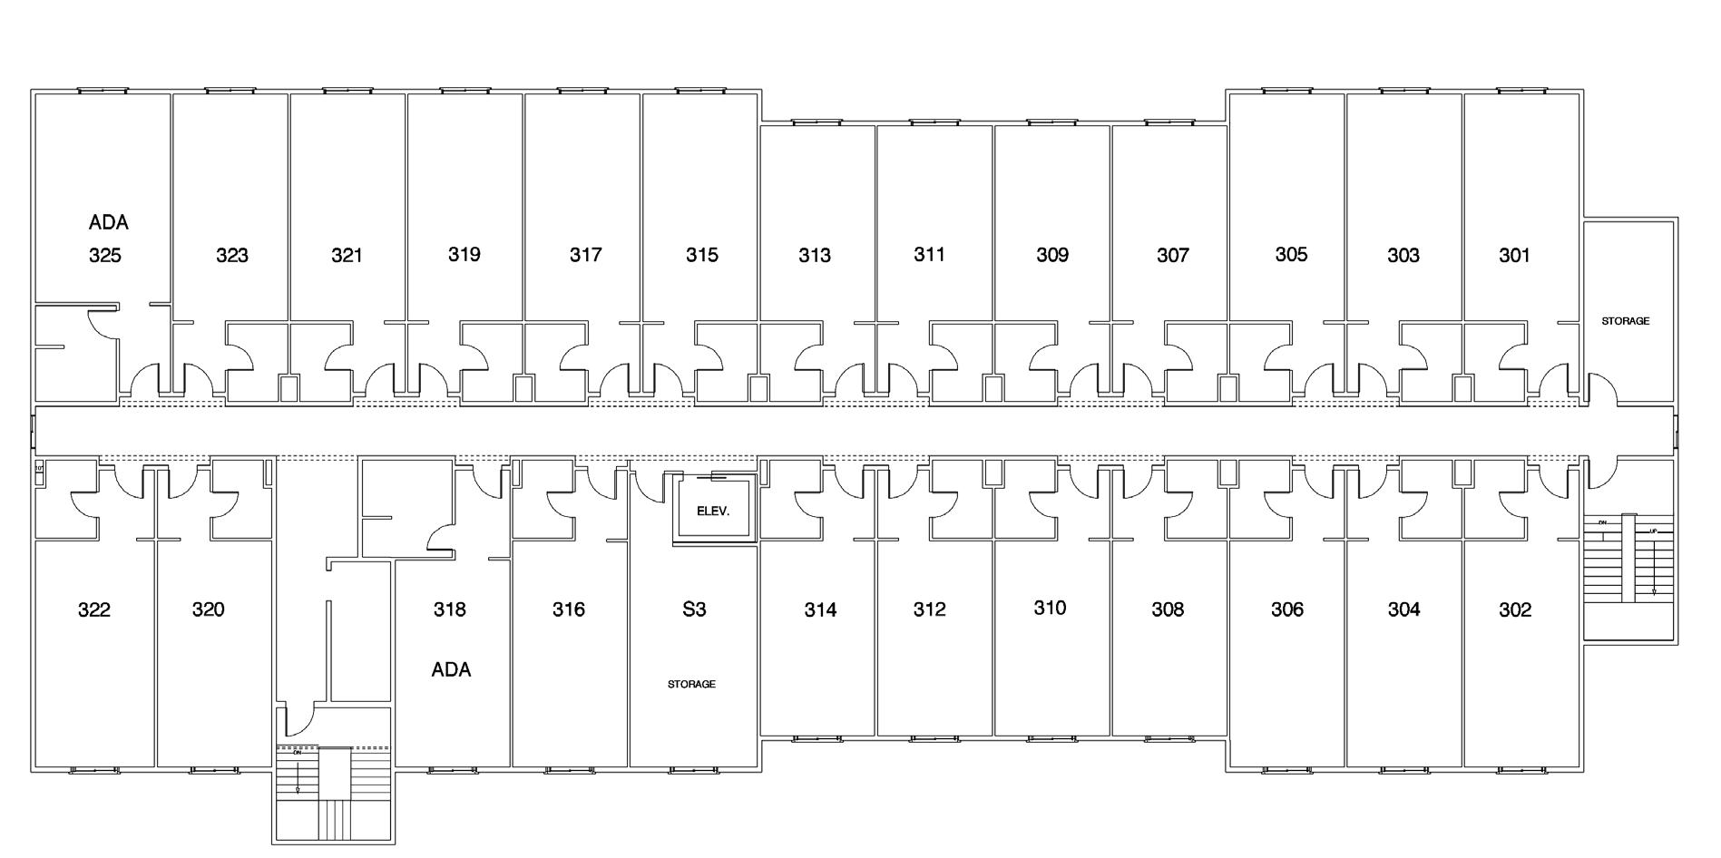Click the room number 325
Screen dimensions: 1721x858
[x=105, y=256]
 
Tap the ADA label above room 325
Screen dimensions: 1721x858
[x=108, y=222]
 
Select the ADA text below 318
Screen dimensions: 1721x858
[x=451, y=670]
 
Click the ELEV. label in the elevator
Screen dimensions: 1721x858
[x=713, y=511]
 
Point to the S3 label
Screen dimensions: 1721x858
[x=694, y=609]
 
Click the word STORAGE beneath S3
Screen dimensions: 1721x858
[x=691, y=684]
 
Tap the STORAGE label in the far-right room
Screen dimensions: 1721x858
[x=1625, y=321]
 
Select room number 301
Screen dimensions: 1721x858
[x=1514, y=256]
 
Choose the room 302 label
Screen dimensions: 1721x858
[x=1515, y=609]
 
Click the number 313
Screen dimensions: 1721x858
[x=815, y=256]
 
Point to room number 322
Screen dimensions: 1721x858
[x=94, y=609]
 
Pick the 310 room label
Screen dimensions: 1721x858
[x=1050, y=608]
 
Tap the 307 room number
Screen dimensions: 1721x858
[x=1172, y=256]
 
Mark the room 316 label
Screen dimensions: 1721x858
[x=569, y=609]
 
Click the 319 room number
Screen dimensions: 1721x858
[x=464, y=255]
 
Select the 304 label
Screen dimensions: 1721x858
[x=1403, y=609]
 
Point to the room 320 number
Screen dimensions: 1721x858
[x=209, y=609]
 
